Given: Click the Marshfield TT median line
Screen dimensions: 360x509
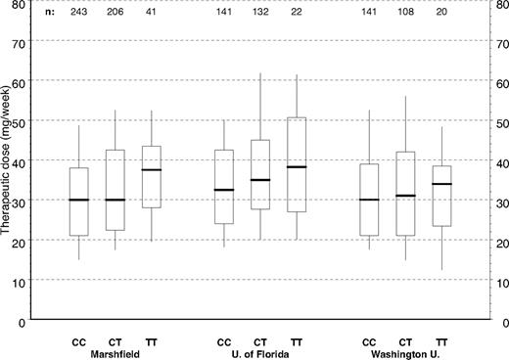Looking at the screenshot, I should coord(152,170).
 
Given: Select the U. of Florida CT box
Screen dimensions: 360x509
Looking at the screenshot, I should coord(259,174).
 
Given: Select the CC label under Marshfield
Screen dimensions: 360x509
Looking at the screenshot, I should coord(78,340).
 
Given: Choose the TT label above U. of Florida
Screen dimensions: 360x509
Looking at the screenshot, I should coord(296,340).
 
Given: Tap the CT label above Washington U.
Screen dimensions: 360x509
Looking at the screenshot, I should coord(405,340).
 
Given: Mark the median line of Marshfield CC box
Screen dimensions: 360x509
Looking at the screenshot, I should coord(78,200).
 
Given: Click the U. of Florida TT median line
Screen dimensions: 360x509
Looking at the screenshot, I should coord(296,167).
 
